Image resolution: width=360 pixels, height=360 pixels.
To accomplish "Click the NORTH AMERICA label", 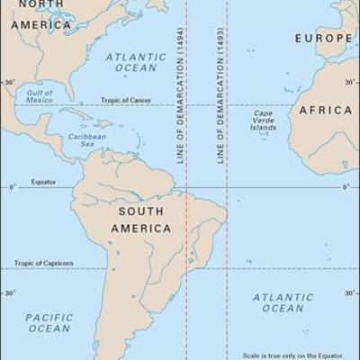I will [x=41, y=15].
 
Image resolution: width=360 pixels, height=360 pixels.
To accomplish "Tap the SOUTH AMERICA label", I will [x=140, y=220].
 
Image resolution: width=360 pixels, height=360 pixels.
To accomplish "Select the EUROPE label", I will [x=323, y=39].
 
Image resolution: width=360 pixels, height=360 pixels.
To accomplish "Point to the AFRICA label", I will [x=325, y=110].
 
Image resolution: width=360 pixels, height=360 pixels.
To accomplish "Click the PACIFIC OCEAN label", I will [x=49, y=322].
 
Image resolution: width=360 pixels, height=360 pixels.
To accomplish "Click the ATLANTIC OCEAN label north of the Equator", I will [x=136, y=62].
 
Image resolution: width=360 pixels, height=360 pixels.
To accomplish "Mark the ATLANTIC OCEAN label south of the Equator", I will [x=283, y=302].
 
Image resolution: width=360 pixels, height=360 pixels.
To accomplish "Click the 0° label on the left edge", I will [x=13, y=187].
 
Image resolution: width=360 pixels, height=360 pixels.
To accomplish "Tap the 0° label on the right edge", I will [x=346, y=187].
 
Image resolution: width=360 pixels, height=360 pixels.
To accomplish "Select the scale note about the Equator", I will [x=300, y=355].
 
